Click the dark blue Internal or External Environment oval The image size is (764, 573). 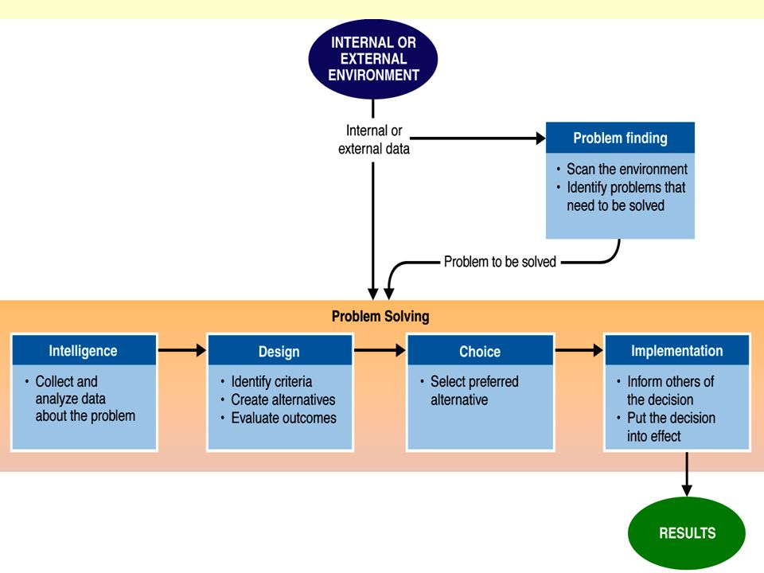tap(372, 58)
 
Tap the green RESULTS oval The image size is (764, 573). tap(687, 532)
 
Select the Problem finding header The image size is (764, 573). tap(620, 138)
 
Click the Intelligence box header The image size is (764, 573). tap(84, 350)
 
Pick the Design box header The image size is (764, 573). tap(279, 351)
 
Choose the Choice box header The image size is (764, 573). tap(480, 351)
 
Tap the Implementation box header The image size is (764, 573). tap(676, 350)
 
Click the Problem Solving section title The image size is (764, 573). tap(380, 316)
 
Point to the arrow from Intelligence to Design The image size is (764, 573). tap(182, 350)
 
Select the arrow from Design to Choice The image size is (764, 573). tap(380, 350)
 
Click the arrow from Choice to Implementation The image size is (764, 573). tap(579, 350)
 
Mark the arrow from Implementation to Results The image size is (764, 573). tap(687, 474)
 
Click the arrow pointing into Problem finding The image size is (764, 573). tap(478, 138)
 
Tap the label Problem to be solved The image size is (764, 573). tap(500, 262)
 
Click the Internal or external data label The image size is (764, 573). tap(374, 139)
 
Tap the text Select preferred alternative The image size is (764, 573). tap(474, 390)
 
